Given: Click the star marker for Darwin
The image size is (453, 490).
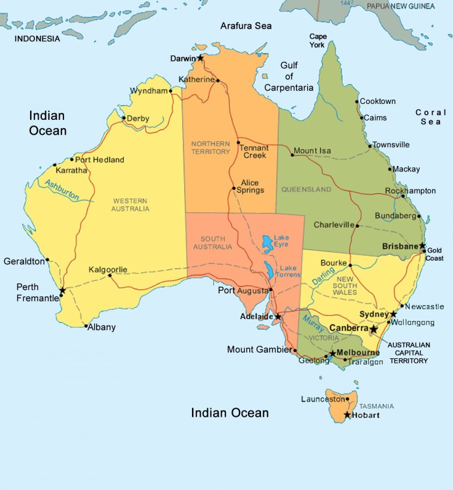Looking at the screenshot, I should (200, 58).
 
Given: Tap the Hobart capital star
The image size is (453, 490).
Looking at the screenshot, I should (348, 415).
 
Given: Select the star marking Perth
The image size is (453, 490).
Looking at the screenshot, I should (62, 290).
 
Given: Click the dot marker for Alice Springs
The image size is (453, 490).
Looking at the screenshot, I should (234, 188).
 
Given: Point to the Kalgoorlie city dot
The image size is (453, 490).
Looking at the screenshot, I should (111, 275).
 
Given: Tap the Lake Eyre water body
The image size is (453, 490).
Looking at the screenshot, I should (267, 243).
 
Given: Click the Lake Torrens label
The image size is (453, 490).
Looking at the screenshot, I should (290, 271).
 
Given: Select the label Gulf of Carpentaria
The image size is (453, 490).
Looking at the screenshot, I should (289, 76).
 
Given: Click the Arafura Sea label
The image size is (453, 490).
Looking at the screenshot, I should (246, 26).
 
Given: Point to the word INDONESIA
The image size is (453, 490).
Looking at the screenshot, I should (38, 39).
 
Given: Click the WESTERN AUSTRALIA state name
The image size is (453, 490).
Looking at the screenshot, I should (130, 204).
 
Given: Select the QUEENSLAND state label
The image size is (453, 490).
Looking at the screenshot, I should (306, 189).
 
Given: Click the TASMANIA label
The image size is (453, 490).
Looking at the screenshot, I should (377, 406).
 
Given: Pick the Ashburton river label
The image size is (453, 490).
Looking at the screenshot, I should (62, 191).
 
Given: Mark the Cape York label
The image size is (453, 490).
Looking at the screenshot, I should (318, 41).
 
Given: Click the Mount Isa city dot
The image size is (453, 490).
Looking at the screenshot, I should (292, 154).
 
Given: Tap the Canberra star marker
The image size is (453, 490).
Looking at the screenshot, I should (374, 330).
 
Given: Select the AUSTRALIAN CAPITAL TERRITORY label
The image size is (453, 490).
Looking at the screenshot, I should (408, 353).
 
